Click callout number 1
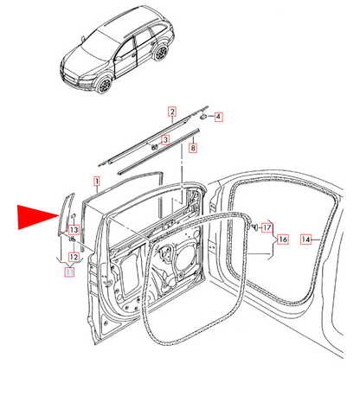pos(97,181)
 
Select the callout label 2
pos(172,112)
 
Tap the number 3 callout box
pos(165,140)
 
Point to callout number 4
pos(218,117)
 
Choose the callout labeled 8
pos(193,148)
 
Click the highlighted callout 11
pos(69,272)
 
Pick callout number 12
pos(74,257)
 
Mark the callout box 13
pos(74,230)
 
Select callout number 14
pos(305,240)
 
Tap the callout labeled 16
pos(283,240)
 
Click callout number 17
pos(267,227)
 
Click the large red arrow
pos(39,217)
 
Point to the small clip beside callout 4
pos(203,117)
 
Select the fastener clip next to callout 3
pos(154,147)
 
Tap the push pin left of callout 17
pos(255,227)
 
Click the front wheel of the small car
pos(104,85)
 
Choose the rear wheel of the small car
pos(161,53)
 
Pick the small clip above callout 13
pos(74,215)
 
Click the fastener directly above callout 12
pos(73,240)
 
